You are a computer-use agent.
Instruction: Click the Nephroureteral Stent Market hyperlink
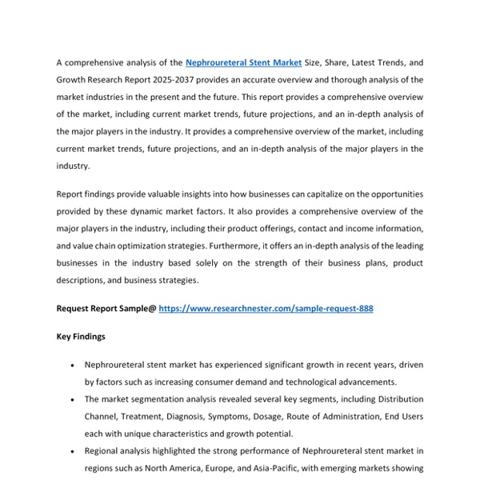[243, 62]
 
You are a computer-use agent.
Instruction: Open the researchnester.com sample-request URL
[266, 308]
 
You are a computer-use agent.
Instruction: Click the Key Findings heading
[81, 337]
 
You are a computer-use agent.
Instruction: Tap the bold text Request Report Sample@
[106, 308]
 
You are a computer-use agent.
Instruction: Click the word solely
[232, 264]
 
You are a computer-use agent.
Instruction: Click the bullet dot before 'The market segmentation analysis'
[73, 399]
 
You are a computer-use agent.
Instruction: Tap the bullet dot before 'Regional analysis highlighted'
[73, 451]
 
